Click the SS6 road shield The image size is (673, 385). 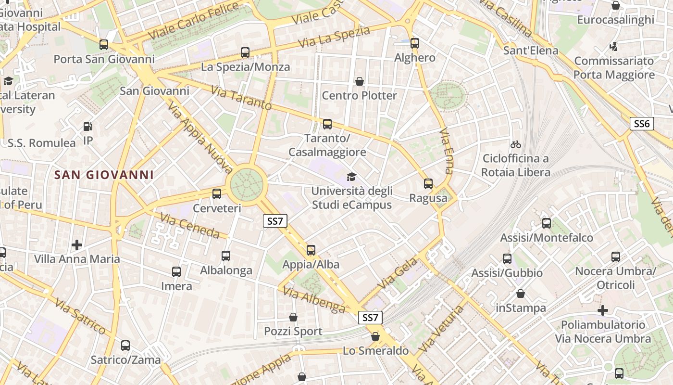642,124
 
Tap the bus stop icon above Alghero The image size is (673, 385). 415,43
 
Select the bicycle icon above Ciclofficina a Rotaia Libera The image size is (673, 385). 516,144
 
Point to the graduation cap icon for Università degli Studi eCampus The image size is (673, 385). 351,177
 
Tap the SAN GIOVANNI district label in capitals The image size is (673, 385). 104,175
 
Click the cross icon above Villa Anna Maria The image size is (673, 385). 77,245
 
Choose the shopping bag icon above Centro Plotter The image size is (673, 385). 359,81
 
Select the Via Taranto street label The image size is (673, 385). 241,98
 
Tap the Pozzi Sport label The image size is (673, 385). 293,331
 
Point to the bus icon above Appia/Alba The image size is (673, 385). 311,250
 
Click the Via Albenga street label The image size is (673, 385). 314,299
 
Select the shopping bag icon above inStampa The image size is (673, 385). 521,294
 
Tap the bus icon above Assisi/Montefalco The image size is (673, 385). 547,223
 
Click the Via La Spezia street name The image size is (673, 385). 334,37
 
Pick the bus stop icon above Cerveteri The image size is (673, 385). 217,194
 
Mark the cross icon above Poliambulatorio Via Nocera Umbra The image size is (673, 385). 603,310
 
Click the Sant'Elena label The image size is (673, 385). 531,51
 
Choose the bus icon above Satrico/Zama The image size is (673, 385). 125,345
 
